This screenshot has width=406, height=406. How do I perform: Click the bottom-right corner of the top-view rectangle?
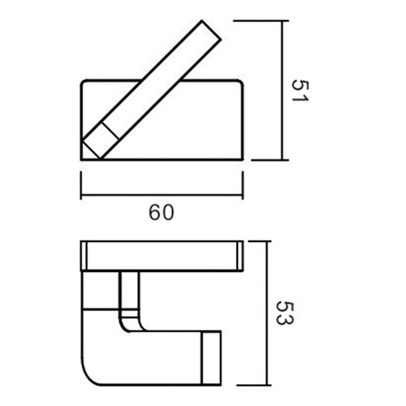(x=244, y=159)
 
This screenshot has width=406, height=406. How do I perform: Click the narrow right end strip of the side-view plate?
(x=239, y=256)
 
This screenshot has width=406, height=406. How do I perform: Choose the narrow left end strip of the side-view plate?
(x=85, y=256)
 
